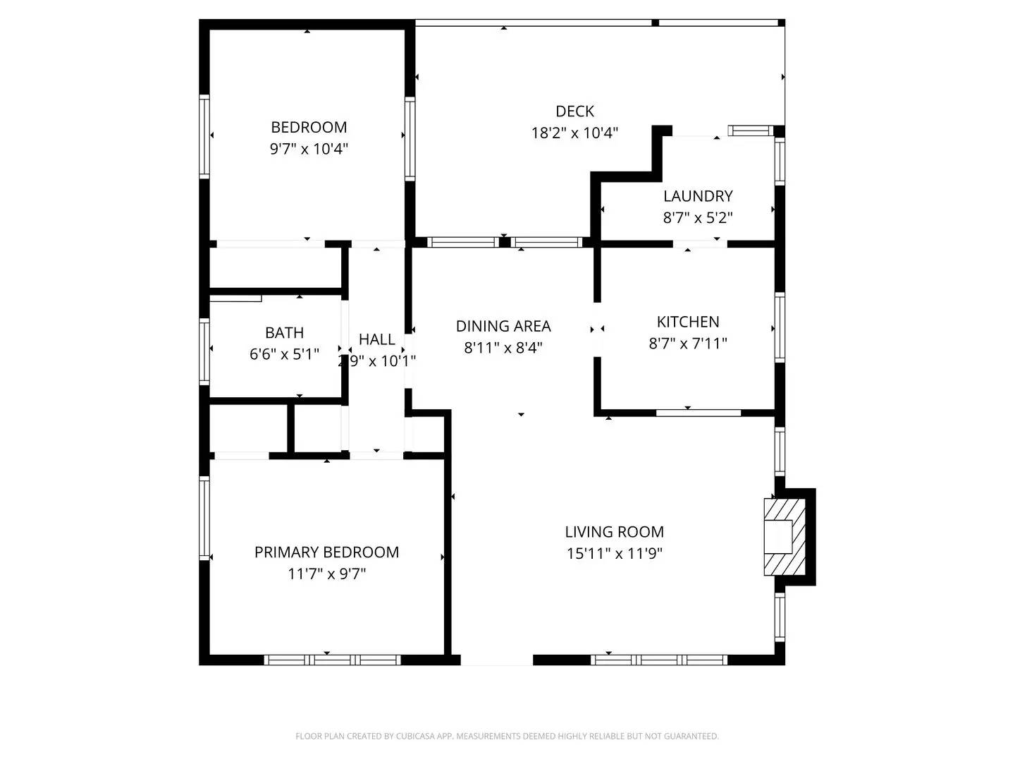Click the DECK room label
pos(574,111)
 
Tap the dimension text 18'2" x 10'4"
pos(574,133)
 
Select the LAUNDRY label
pos(698,196)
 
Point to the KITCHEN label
pos(688,322)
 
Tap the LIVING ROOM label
pos(614,532)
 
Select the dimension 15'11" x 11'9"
pos(614,554)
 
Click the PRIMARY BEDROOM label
pos(326,552)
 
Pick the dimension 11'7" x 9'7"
pos(326,574)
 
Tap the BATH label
pos(285,332)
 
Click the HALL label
pos(376,339)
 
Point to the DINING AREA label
pos(503,326)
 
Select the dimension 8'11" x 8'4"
pos(503,348)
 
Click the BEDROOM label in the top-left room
pos(309,127)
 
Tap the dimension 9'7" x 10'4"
pos(309,149)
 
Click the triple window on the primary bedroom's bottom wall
pos(332,660)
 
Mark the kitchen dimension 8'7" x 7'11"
pos(688,344)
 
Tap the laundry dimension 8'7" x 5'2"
pos(698,218)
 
